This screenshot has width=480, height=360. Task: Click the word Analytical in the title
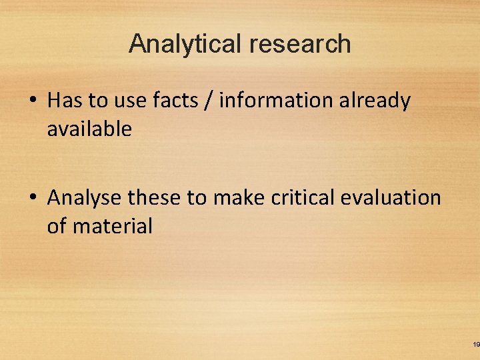point(186,44)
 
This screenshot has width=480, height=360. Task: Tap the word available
point(89,129)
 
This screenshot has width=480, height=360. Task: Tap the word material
point(113,227)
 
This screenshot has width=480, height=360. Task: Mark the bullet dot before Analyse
point(32,199)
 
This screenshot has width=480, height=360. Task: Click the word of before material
point(57,227)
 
